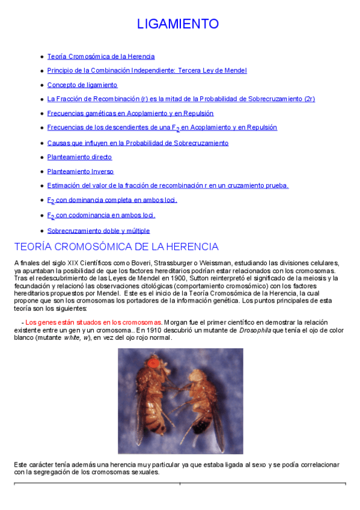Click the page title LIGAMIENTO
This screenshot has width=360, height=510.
(178, 24)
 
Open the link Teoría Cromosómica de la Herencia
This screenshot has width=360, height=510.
(101, 57)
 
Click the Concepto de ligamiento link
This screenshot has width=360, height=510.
(82, 85)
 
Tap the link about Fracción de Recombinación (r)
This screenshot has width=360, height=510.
(181, 99)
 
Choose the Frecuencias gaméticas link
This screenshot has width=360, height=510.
(130, 113)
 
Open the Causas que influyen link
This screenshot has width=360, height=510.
(138, 143)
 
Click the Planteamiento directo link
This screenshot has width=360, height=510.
(79, 158)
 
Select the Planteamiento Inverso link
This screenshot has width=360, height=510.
(80, 172)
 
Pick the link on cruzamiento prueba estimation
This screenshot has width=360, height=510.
(168, 186)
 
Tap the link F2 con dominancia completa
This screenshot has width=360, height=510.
(112, 200)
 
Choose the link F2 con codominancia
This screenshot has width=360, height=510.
(101, 215)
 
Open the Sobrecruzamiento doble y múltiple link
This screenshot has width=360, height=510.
(99, 231)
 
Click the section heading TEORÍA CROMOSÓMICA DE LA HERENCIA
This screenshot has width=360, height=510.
(116, 247)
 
